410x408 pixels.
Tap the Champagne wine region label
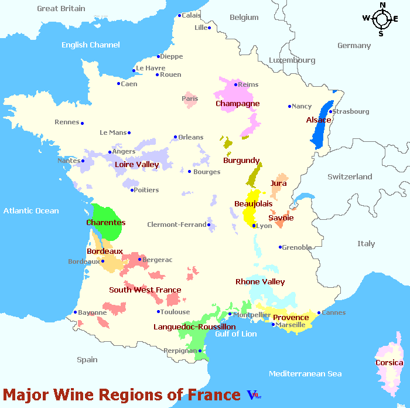pyautogui.click(x=237, y=104)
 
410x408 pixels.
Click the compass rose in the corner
pyautogui.click(x=381, y=19)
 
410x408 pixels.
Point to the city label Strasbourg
pyautogui.click(x=351, y=111)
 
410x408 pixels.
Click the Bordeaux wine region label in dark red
pyautogui.click(x=104, y=251)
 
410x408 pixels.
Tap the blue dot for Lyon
pyautogui.click(x=254, y=226)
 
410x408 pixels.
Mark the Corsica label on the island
pyautogui.click(x=389, y=363)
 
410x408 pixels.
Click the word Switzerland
pyautogui.click(x=350, y=176)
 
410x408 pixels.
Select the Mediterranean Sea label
pyautogui.click(x=305, y=373)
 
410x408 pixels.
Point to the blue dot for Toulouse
pyautogui.click(x=159, y=312)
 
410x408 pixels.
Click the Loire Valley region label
pyautogui.click(x=137, y=165)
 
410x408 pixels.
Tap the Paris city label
pyautogui.click(x=190, y=98)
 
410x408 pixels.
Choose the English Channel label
pyautogui.click(x=90, y=45)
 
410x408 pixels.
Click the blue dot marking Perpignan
pyautogui.click(x=200, y=351)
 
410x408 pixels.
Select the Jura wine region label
pyautogui.click(x=278, y=183)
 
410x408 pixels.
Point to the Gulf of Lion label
pyautogui.click(x=235, y=334)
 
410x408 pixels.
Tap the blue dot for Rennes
pyautogui.click(x=83, y=123)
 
